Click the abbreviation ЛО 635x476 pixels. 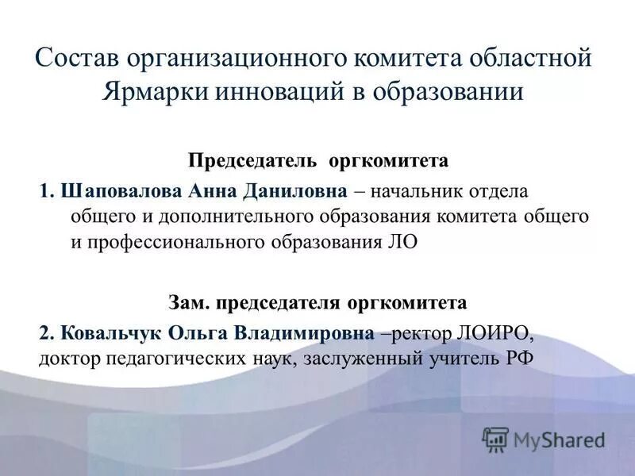(x=400, y=242)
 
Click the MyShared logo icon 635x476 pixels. (x=496, y=439)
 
